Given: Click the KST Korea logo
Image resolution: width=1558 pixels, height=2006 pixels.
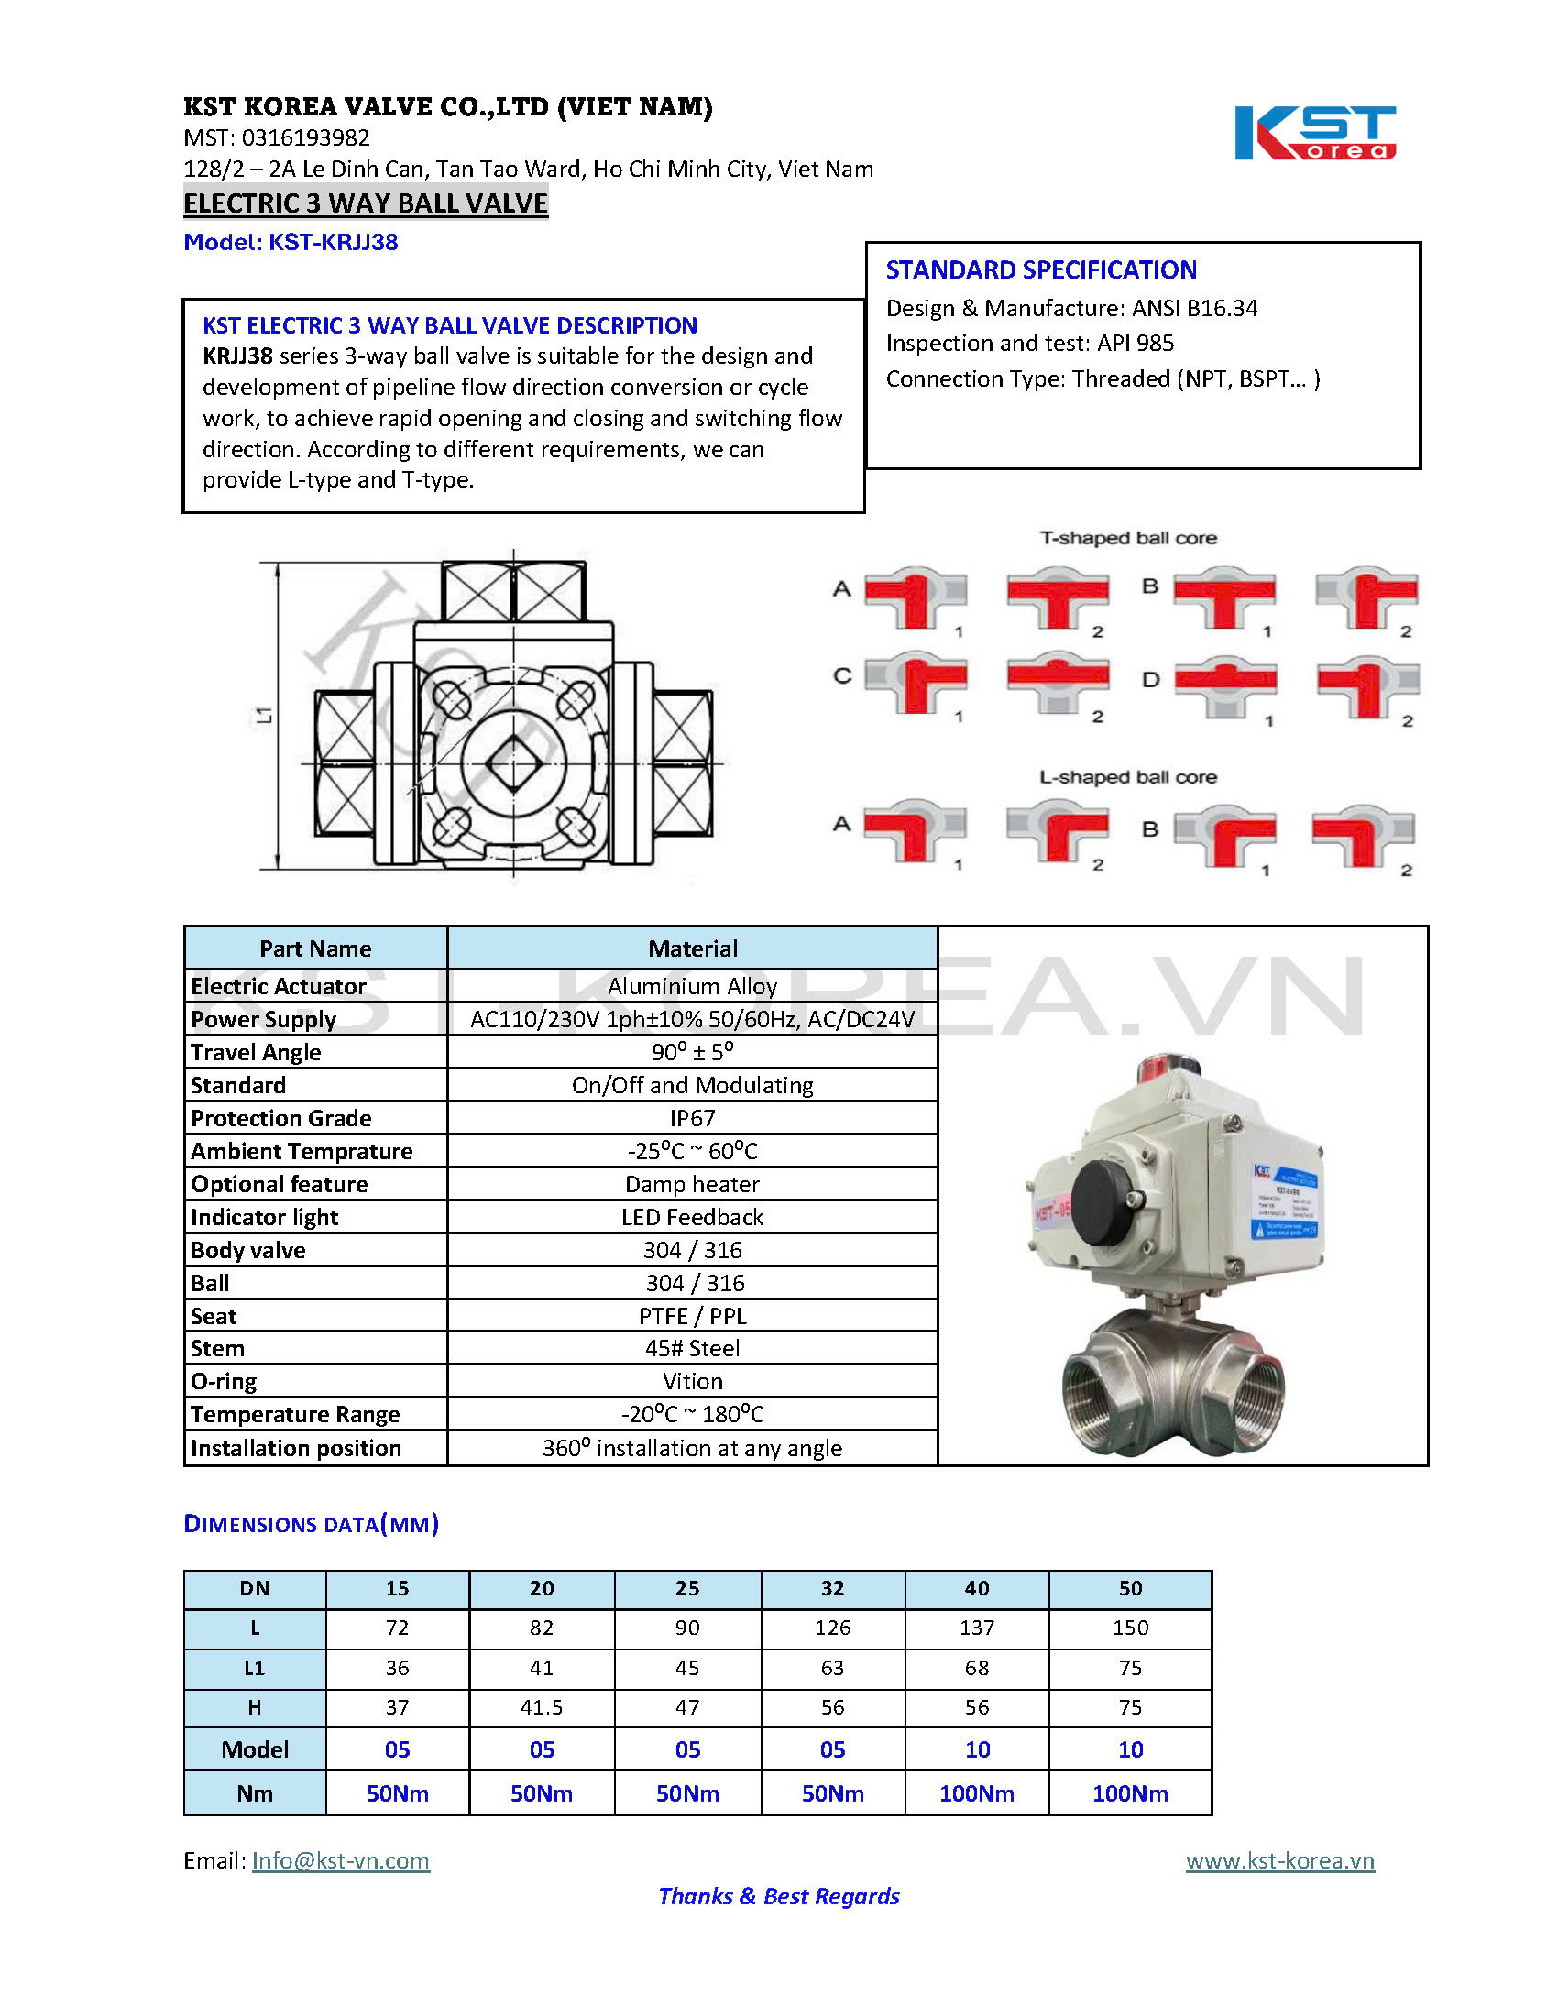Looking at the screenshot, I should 1313,134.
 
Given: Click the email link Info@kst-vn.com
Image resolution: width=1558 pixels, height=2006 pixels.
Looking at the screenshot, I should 340,1861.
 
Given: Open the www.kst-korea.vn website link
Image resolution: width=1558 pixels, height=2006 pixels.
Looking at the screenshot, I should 1279,1861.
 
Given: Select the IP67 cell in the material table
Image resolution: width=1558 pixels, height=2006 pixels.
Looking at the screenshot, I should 692,1118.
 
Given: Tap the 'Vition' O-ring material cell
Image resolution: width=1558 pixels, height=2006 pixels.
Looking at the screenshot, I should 692,1381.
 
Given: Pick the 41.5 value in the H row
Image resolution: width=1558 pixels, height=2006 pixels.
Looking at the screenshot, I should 541,1707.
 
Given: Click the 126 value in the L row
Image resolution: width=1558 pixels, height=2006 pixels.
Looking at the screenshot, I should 832,1628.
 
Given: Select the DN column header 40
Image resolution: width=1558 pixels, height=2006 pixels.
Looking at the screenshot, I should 977,1588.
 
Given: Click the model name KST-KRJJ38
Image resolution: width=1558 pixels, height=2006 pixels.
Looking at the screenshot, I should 333,243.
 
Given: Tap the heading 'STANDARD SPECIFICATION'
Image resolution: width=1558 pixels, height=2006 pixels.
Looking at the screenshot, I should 1041,270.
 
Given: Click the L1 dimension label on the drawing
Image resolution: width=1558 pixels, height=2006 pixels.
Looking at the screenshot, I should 265,715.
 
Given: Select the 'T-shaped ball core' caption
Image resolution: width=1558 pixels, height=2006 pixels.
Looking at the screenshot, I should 1128,538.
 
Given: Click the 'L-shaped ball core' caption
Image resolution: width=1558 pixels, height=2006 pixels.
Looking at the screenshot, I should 1128,777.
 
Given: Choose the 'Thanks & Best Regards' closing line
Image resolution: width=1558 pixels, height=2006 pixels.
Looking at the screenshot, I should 779,1897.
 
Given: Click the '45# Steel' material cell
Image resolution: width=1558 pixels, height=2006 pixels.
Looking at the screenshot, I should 692,1348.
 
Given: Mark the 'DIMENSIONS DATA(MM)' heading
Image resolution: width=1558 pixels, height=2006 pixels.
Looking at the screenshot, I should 312,1525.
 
